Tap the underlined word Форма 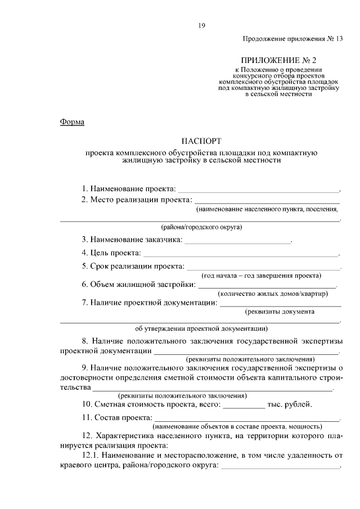72,122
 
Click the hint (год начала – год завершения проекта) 262,276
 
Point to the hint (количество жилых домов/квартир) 272,294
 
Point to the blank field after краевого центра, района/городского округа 280,467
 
